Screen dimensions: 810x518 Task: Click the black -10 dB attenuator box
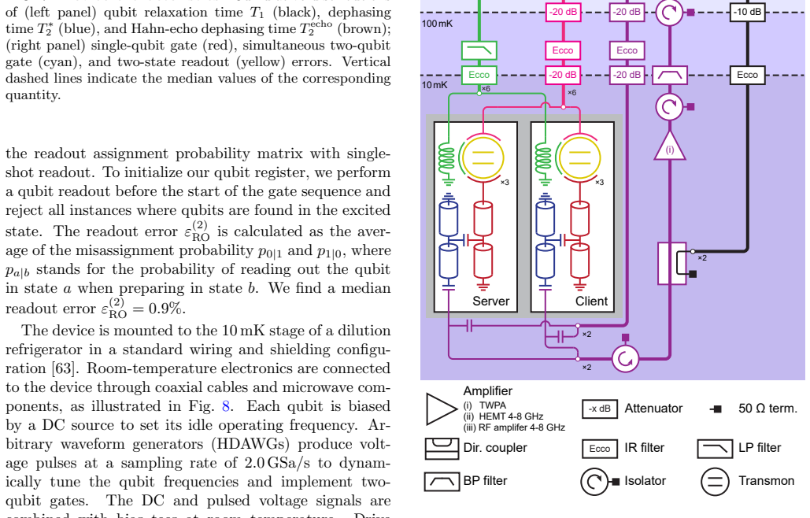coord(747,11)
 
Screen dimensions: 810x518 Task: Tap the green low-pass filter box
coord(479,50)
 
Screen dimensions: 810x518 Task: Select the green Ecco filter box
coord(479,75)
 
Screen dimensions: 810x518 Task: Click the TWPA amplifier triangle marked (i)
coord(669,147)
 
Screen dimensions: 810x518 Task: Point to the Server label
coord(490,301)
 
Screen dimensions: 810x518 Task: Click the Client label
coord(591,301)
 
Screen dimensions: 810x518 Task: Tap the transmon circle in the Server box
coord(483,158)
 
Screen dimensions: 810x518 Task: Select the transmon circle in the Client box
coord(579,158)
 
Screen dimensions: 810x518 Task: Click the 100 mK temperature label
coord(438,24)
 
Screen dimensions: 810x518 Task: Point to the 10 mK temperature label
coord(435,85)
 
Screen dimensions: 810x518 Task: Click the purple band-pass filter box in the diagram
coord(669,75)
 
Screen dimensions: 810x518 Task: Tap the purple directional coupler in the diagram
coord(672,264)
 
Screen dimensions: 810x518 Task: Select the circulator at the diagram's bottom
coord(625,358)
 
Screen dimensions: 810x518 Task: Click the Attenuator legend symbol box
coord(599,409)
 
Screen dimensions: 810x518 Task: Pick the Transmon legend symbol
coord(715,481)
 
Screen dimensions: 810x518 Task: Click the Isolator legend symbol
coord(599,481)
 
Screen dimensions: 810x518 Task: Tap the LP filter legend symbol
coord(715,448)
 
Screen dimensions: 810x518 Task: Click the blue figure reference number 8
coord(226,406)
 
